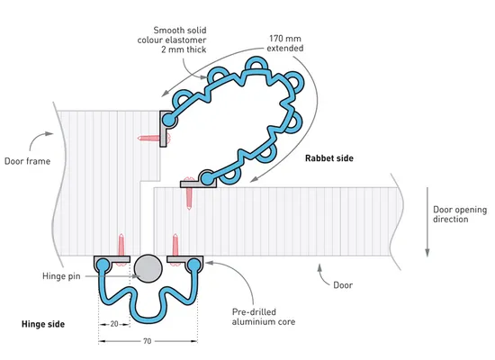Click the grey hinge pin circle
pos(148,268)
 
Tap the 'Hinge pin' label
pos(61,276)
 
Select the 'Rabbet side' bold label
pos(328,158)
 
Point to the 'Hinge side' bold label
pos(43,324)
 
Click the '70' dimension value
pos(147,341)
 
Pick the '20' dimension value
pos(114,324)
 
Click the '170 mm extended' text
pos(285,43)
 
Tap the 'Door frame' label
pos(28,161)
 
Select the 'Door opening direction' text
pos(460,214)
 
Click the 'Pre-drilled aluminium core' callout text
pos(264,317)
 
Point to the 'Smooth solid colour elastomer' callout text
pos(172,40)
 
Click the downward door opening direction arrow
pos(427,222)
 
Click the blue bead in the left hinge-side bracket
pos(103,264)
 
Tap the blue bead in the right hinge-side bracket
pos(193,264)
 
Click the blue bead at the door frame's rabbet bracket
pos(168,120)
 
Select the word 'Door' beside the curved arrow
pos(343,285)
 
